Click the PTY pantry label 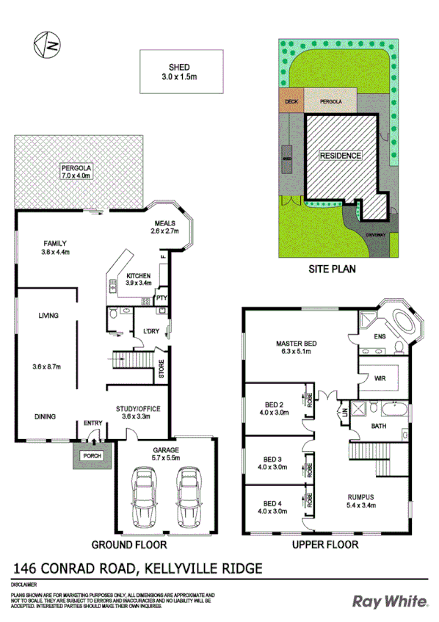(x=159, y=299)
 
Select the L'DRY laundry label (x=152, y=331)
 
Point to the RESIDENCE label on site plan (x=340, y=156)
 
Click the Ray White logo (x=391, y=601)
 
